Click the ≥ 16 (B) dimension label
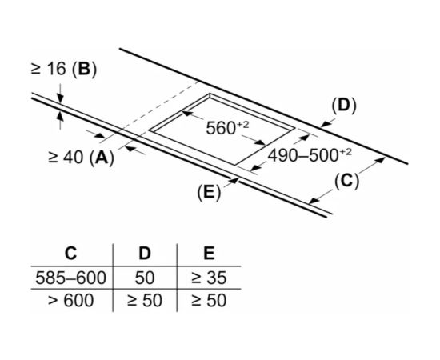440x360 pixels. pos(64,69)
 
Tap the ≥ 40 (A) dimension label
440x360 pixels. pos(82,157)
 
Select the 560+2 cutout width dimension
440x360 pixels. pos(227,128)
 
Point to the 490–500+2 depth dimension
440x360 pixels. pos(310,155)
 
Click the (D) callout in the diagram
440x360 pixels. pos(344,106)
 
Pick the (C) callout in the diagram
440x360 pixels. pos(346,181)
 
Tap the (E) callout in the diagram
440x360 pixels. pos(209,192)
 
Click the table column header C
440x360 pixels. pos(70,253)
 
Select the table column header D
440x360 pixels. pos(145,253)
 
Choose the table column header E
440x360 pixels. pos(209,253)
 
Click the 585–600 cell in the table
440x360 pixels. pos(70,278)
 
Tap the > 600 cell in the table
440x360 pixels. pos(70,300)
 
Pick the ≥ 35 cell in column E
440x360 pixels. pos(209,278)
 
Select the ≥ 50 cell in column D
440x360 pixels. pos(145,300)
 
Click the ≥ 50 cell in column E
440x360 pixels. pos(209,300)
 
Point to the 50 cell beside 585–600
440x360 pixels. pos(145,278)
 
